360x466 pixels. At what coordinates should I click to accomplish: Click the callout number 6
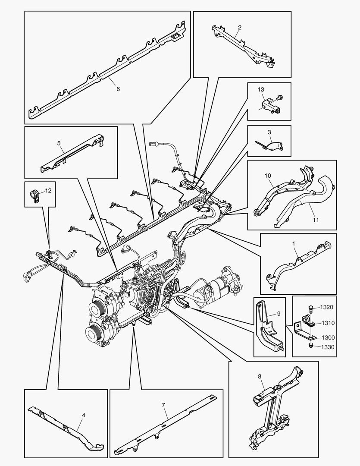pyautogui.click(x=118, y=89)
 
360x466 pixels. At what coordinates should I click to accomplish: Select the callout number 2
pyautogui.click(x=240, y=27)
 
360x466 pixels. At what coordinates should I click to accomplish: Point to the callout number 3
pyautogui.click(x=269, y=132)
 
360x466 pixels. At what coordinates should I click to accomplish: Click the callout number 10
pyautogui.click(x=268, y=176)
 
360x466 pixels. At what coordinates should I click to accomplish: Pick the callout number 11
pyautogui.click(x=316, y=220)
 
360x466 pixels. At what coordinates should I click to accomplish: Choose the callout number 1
pyautogui.click(x=294, y=243)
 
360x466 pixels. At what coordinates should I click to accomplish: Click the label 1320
pyautogui.click(x=326, y=307)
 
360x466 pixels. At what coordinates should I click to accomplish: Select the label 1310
pyautogui.click(x=326, y=323)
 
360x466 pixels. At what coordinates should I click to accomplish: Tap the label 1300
pyautogui.click(x=326, y=337)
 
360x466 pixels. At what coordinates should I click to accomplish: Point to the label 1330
pyautogui.click(x=326, y=346)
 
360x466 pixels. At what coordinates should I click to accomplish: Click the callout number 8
pyautogui.click(x=260, y=376)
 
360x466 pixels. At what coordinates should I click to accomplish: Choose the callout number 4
pyautogui.click(x=83, y=415)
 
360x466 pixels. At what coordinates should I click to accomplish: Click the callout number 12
pyautogui.click(x=48, y=190)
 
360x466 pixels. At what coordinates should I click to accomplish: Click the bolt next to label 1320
pyautogui.click(x=310, y=308)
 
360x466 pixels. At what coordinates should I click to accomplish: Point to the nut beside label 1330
pyautogui.click(x=310, y=346)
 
